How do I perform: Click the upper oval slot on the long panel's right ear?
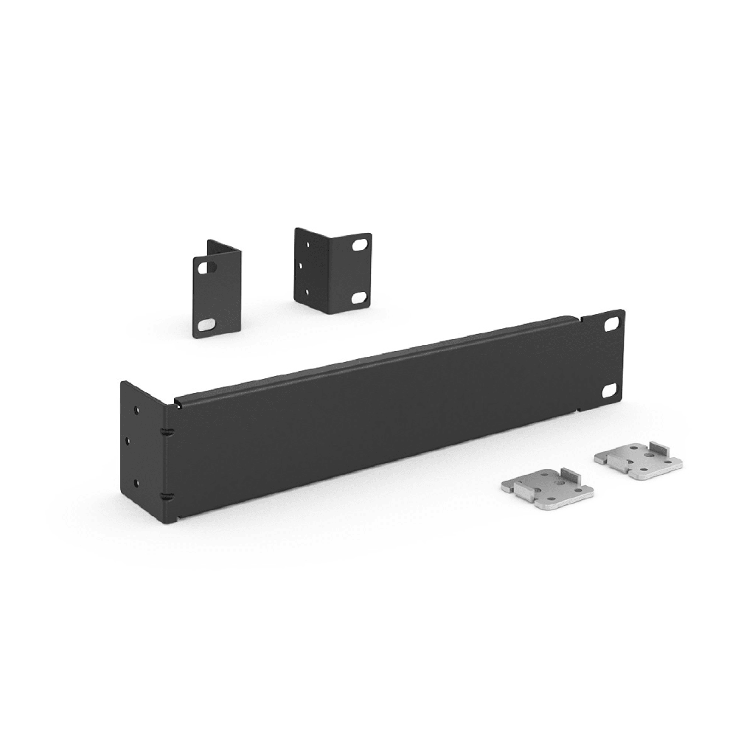point(611,323)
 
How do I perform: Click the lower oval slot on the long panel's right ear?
point(611,392)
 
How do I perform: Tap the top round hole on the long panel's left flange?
point(136,408)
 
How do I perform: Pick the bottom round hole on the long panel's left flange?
point(136,484)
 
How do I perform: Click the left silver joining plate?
point(547,487)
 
